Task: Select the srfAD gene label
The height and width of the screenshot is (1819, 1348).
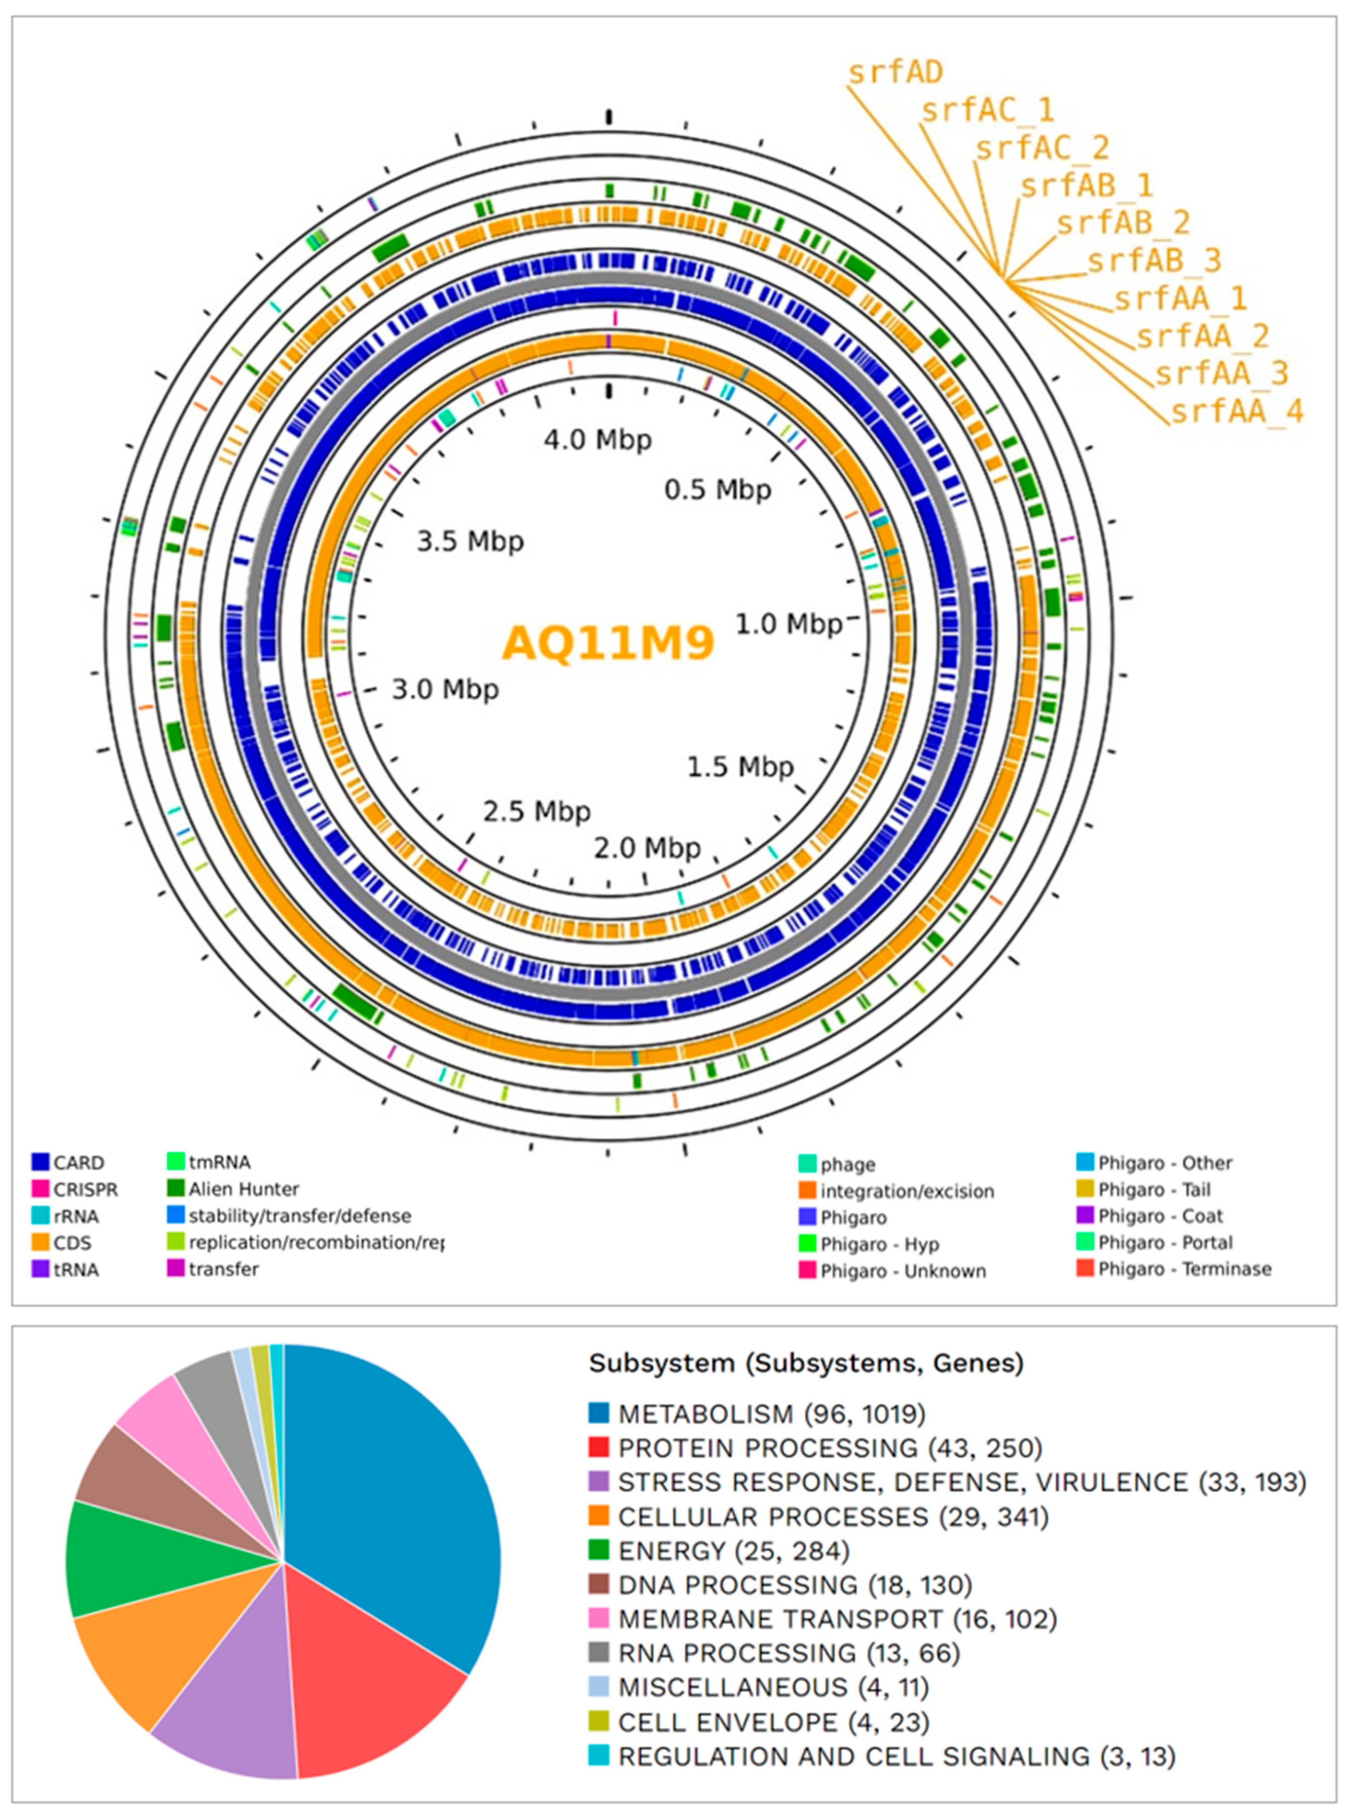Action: click(895, 73)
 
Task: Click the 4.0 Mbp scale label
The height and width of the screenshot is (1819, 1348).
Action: click(598, 440)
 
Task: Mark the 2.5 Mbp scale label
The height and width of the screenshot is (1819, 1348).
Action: click(536, 811)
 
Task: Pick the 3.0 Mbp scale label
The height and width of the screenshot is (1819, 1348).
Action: click(445, 690)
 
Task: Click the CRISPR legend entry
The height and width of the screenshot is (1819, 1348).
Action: click(85, 1189)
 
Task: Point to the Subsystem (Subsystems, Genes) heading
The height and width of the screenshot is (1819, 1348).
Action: click(805, 1363)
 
